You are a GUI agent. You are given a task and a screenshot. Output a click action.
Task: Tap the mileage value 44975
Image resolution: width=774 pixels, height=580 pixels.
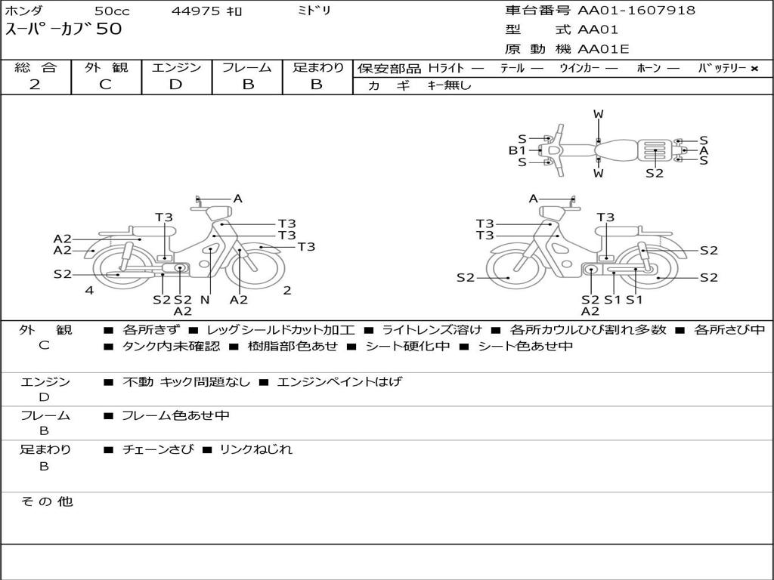pyautogui.click(x=196, y=11)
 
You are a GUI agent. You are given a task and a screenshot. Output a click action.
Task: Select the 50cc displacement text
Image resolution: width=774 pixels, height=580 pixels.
pyautogui.click(x=112, y=11)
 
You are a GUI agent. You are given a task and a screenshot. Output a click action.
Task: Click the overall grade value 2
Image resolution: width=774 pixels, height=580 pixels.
pyautogui.click(x=35, y=85)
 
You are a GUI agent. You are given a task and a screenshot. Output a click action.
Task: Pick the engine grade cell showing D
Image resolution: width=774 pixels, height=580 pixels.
pyautogui.click(x=175, y=85)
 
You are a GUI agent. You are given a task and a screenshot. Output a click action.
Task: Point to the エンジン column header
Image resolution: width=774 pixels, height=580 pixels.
pyautogui.click(x=176, y=67)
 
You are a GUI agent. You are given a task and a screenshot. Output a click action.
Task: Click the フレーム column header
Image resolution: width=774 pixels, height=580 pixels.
pyautogui.click(x=246, y=67)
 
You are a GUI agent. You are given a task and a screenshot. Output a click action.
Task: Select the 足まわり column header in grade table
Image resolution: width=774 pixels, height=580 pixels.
pyautogui.click(x=317, y=67)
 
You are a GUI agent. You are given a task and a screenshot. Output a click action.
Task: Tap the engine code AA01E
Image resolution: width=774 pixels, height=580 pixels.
pyautogui.click(x=603, y=50)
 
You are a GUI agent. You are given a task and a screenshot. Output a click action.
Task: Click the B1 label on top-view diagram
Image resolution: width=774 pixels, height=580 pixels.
pyautogui.click(x=517, y=150)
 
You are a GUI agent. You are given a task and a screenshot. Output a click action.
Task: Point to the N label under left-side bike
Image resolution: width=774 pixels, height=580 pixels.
pyautogui.click(x=204, y=300)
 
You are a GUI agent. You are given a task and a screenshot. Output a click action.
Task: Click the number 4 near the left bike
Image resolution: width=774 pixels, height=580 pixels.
pyautogui.click(x=89, y=290)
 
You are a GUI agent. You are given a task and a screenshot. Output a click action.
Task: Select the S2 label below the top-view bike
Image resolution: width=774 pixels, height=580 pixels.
pyautogui.click(x=655, y=173)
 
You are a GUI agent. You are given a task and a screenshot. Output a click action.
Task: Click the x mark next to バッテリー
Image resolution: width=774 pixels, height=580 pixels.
pyautogui.click(x=754, y=68)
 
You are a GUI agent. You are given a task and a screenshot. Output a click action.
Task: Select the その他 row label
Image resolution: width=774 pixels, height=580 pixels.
pyautogui.click(x=46, y=501)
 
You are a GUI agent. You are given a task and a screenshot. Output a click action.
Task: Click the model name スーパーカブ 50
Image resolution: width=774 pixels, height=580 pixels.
pyautogui.click(x=63, y=29)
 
